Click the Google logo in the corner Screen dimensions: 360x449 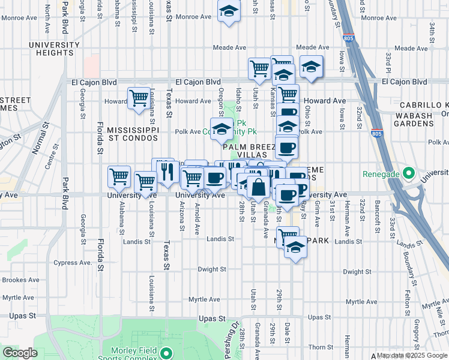20,353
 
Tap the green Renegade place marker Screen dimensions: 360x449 409,174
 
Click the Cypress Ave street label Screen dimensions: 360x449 71,262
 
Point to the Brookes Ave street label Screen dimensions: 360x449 21,280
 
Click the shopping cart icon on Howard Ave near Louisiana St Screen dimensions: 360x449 139,97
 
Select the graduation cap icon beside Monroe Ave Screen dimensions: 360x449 229,12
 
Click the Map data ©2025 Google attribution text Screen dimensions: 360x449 412,355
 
